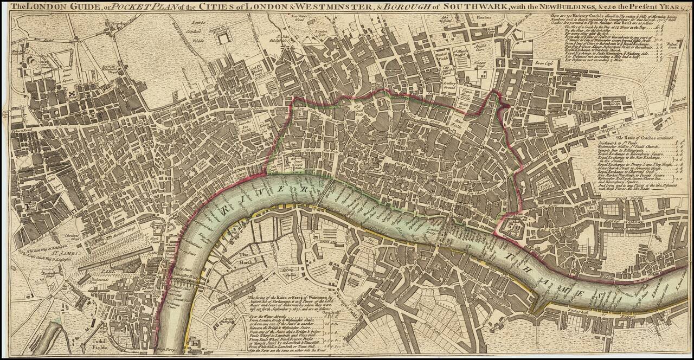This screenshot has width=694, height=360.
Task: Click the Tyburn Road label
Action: (x=22, y=131)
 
